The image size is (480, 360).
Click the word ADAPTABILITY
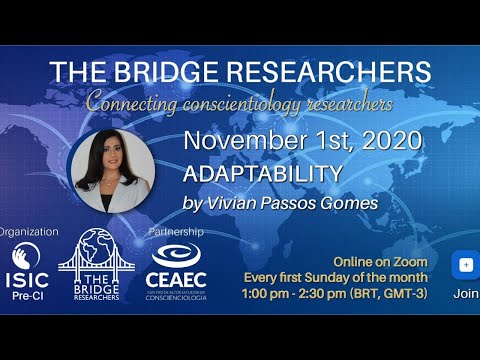pyautogui.click(x=263, y=173)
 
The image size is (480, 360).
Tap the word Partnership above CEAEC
pyautogui.click(x=175, y=232)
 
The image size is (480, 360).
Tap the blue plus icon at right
pyautogui.click(x=465, y=265)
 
